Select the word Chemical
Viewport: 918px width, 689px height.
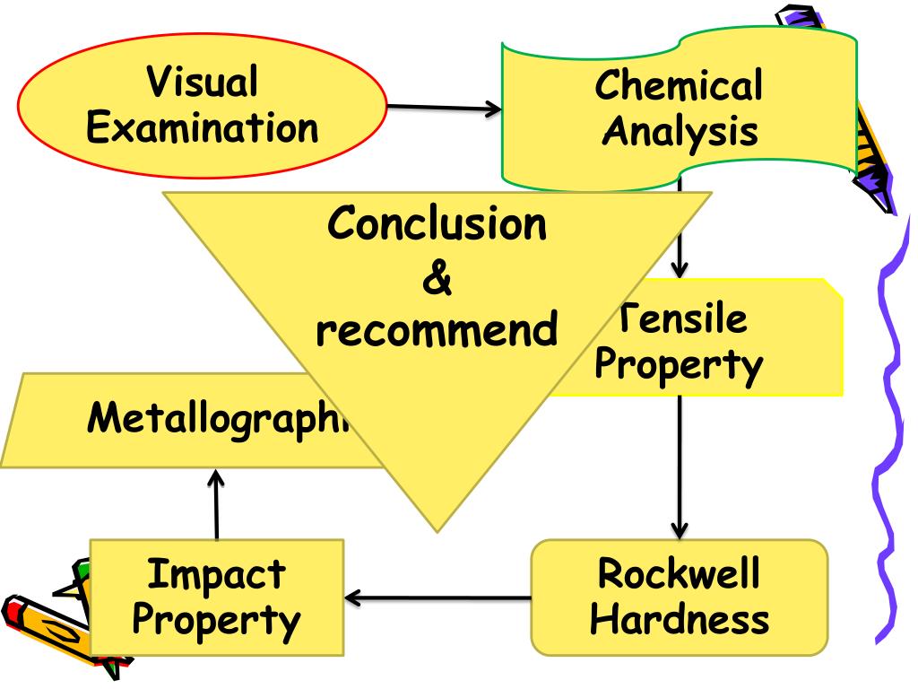[x=679, y=86]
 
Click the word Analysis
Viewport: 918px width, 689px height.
[x=679, y=131]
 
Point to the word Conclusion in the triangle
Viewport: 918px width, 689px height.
[x=437, y=223]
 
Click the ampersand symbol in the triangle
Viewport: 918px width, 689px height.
[x=437, y=279]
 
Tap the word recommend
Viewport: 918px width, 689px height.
[x=437, y=330]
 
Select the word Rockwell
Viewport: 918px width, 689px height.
[x=679, y=573]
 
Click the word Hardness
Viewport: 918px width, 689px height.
[x=680, y=618]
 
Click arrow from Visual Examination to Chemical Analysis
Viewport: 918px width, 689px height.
[x=444, y=109]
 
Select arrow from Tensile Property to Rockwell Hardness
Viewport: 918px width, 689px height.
[x=679, y=467]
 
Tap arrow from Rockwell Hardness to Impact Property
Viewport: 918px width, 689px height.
[x=439, y=597]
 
